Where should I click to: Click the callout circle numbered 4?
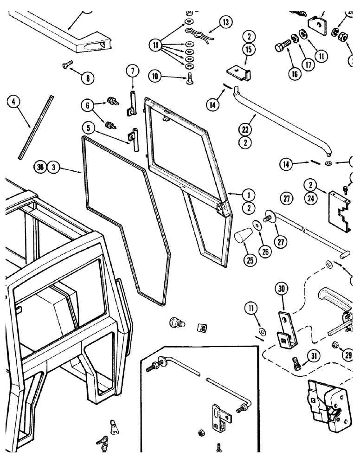[14, 102]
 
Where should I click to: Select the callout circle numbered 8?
[87, 78]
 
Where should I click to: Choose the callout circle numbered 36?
[40, 168]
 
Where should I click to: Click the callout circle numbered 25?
[251, 261]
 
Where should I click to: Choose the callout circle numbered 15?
[249, 49]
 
